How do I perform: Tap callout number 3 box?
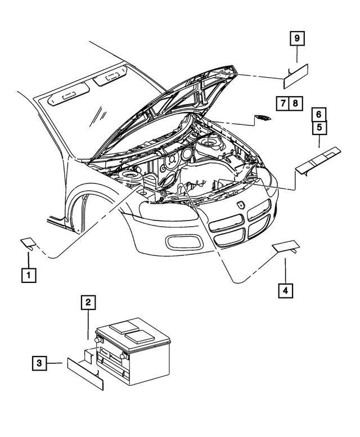pyautogui.click(x=39, y=364)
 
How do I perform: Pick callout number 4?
pyautogui.click(x=285, y=290)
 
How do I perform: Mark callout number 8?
pyautogui.click(x=296, y=103)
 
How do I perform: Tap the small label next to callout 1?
pyautogui.click(x=29, y=243)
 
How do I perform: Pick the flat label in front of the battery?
pyautogui.click(x=85, y=372)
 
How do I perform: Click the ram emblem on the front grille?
pyautogui.click(x=241, y=205)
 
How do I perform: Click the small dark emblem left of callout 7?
pyautogui.click(x=262, y=118)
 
